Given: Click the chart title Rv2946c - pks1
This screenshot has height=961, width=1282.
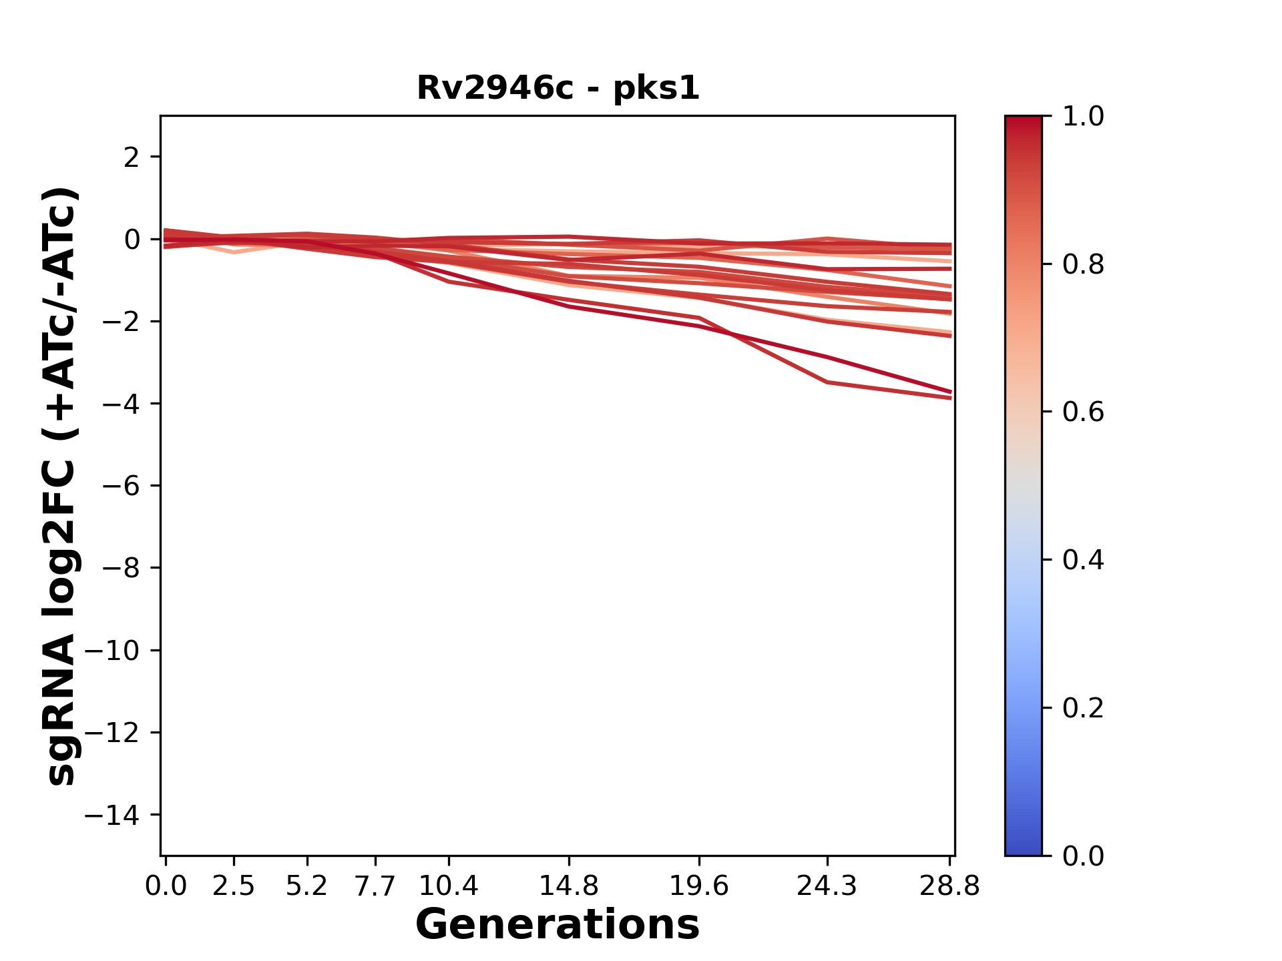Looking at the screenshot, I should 558,88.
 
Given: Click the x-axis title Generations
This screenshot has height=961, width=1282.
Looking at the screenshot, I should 558,925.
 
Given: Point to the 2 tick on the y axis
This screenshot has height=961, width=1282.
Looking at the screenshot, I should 132,157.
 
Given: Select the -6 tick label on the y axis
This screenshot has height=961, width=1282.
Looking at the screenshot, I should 121,486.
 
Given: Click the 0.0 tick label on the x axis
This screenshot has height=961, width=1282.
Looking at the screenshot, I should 166,886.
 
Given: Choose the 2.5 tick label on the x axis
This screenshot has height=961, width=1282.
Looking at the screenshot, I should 234,886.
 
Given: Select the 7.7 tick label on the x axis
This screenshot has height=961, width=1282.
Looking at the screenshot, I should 375,886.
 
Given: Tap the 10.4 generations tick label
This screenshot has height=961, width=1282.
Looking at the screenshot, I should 449,886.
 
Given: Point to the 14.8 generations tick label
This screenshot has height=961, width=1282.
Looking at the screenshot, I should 569,886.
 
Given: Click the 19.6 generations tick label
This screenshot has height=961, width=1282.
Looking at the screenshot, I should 699,886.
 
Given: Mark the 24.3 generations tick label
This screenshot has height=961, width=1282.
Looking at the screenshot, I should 827,886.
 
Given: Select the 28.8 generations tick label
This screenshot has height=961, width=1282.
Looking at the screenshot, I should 949,886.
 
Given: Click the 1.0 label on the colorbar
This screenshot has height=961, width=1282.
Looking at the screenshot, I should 1083,117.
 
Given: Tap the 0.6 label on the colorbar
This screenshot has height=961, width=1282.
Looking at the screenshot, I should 1083,412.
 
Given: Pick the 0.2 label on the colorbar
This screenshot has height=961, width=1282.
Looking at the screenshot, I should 1083,708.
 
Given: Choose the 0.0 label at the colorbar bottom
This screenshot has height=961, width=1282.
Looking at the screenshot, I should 1083,856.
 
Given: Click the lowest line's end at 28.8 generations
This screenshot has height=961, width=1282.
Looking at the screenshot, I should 949,398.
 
